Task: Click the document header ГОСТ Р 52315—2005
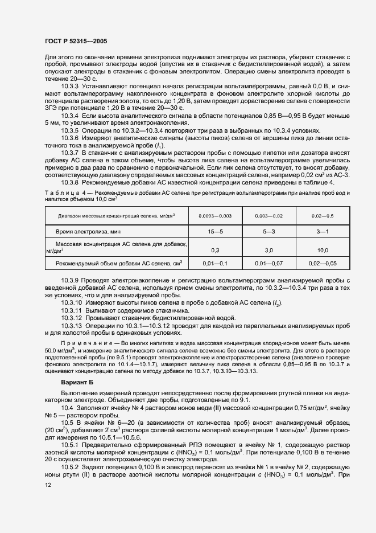click(75, 42)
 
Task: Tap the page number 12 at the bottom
click(48, 485)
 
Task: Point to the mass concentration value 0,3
click(215, 250)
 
